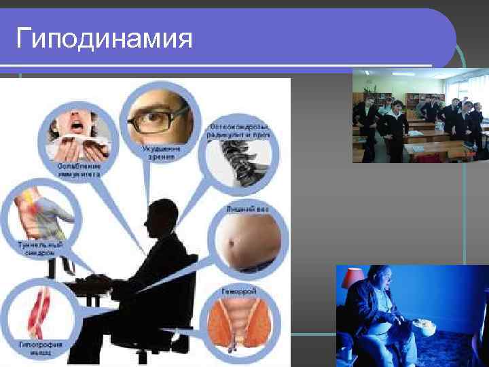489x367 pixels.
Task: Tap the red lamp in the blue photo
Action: point(352,277)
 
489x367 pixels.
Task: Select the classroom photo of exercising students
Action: point(419,118)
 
